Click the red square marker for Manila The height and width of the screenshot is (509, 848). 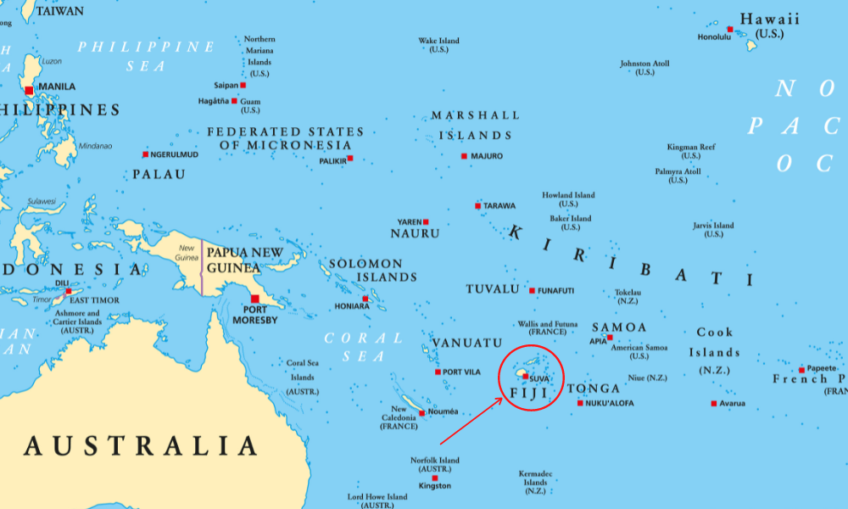[29, 90]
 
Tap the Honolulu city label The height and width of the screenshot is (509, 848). [713, 37]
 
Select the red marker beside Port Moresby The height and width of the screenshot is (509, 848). [254, 299]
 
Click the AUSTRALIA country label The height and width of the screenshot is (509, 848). [140, 445]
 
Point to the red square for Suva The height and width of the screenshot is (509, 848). [525, 377]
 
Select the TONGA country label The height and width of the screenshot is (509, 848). [594, 389]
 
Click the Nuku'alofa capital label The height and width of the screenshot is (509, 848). [610, 403]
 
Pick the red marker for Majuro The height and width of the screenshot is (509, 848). [464, 156]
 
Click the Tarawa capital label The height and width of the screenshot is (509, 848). [499, 205]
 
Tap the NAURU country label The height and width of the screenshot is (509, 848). [415, 233]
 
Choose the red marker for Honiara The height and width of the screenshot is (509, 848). [365, 299]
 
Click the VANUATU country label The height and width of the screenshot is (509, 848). [467, 343]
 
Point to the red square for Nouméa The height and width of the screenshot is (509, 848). [421, 413]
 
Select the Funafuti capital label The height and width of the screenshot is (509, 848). [556, 291]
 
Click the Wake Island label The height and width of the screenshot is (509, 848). [438, 41]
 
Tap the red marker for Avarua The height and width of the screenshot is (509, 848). [713, 403]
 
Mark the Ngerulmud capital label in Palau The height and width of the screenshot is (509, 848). [175, 154]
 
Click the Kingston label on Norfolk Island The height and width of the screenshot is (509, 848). [435, 486]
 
